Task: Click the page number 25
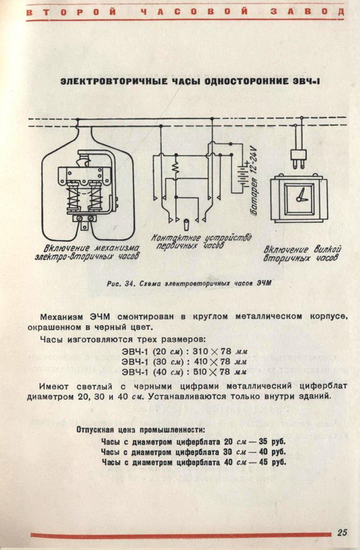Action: coord(343,533)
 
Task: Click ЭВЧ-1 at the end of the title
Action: coord(309,82)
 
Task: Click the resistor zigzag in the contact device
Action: coord(175,169)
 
